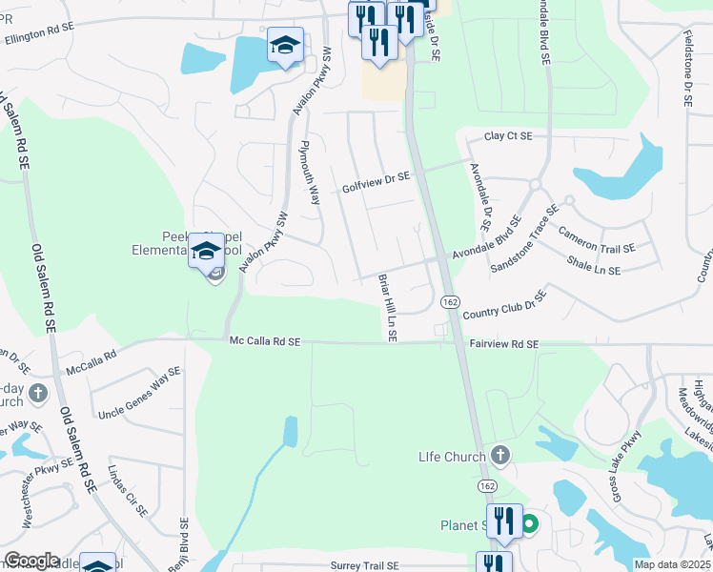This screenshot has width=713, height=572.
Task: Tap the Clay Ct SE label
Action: click(507, 137)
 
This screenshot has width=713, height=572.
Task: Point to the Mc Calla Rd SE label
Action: click(264, 341)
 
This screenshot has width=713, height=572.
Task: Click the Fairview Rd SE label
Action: click(503, 344)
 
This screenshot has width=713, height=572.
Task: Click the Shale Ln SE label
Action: click(593, 271)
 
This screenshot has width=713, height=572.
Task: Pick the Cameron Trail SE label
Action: click(597, 240)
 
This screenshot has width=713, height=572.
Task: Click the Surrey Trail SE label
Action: click(369, 565)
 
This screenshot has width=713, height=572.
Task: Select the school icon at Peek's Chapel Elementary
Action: click(206, 251)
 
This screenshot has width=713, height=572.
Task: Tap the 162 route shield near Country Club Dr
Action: click(450, 301)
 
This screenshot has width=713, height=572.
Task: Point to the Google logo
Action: click(31, 561)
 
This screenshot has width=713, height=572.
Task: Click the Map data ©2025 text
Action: click(673, 565)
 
